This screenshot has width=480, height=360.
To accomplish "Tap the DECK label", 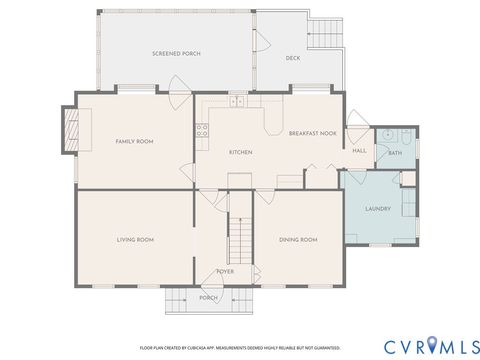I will click(x=292, y=58).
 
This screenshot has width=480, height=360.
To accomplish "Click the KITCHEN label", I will click(x=240, y=152).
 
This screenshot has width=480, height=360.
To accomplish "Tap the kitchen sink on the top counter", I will click(x=238, y=101).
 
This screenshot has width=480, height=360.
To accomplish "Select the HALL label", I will click(x=359, y=151).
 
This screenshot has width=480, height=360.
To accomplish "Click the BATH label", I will click(x=394, y=153).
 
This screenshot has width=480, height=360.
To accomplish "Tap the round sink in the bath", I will click(x=385, y=135).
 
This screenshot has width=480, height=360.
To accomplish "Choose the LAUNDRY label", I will click(x=377, y=208).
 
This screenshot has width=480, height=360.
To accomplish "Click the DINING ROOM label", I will click(x=297, y=240).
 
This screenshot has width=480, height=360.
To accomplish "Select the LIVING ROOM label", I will click(x=135, y=240).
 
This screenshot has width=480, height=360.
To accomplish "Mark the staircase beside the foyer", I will click(x=238, y=241).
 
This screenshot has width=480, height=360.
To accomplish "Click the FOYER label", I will click(x=226, y=270).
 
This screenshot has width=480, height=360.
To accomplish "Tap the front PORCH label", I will click(x=208, y=297).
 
